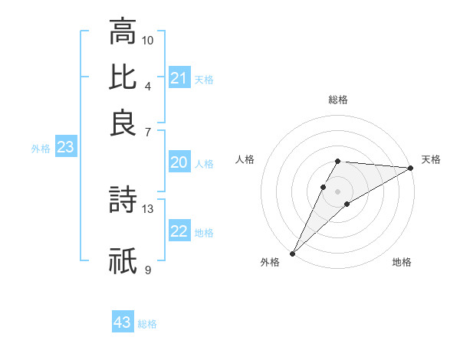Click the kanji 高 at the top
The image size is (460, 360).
(123, 32)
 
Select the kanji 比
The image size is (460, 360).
(123, 77)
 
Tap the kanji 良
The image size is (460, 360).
(123, 123)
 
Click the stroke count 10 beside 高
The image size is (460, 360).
(148, 40)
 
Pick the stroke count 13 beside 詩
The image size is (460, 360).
(148, 208)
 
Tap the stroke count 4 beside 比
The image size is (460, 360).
(147, 85)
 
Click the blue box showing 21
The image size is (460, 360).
(179, 77)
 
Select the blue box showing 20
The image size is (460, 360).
(179, 162)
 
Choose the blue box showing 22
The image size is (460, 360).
(179, 231)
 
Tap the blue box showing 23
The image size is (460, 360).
(65, 148)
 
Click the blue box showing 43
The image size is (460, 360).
(123, 322)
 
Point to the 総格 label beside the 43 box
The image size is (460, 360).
(147, 324)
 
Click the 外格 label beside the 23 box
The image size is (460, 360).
(41, 149)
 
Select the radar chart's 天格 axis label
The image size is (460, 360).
(431, 159)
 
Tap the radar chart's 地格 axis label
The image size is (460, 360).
(402, 262)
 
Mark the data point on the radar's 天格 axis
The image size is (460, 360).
(412, 169)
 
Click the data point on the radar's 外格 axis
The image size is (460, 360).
(292, 254)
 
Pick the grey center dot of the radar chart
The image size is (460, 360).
(338, 191)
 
